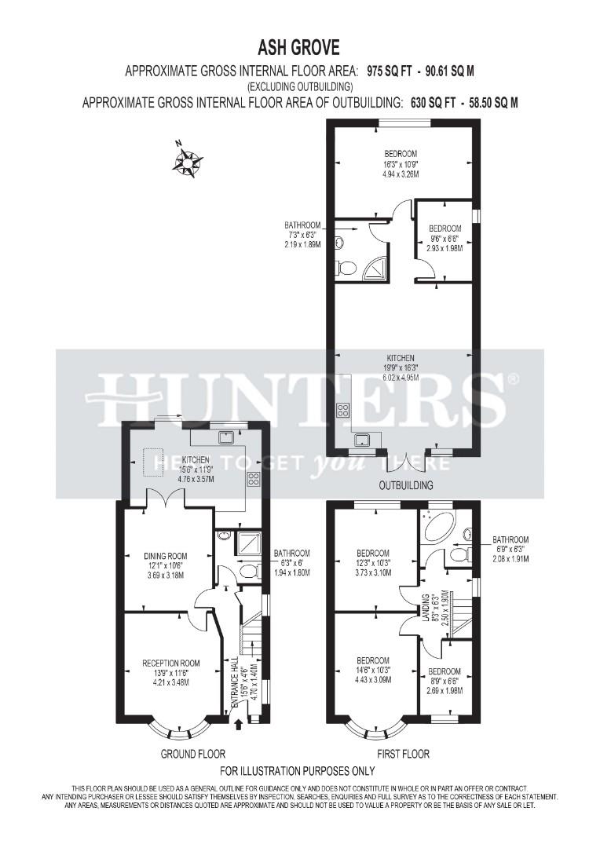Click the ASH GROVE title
[x=300, y=49]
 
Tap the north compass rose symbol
[x=187, y=162]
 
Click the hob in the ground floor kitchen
[x=254, y=480]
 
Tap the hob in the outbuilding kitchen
[x=342, y=409]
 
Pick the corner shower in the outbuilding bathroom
[x=368, y=268]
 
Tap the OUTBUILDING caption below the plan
[x=406, y=485]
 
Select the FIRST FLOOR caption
[x=403, y=754]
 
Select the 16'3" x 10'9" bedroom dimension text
[x=401, y=164]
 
